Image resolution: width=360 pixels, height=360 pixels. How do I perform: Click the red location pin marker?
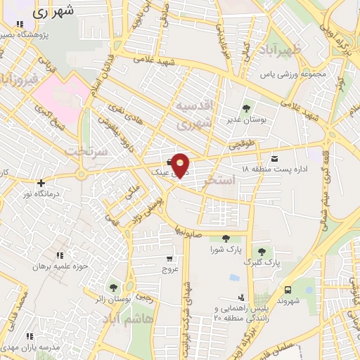click(181, 165)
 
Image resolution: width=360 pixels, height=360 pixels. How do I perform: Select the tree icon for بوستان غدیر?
click(245, 108)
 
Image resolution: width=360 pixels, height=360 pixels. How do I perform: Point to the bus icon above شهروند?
click(288, 290)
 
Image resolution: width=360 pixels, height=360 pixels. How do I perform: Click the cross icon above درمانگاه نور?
click(41, 183)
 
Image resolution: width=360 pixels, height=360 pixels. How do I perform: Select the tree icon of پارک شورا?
click(225, 239)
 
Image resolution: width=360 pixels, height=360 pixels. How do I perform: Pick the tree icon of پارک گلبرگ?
click(262, 252)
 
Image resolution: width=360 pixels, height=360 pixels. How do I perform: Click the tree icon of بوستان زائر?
click(113, 288)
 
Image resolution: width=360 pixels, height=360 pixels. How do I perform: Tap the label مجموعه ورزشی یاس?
click(290, 74)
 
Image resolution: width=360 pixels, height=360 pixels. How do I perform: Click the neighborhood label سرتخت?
click(84, 150)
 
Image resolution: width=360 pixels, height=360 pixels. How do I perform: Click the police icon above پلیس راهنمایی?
click(242, 298)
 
